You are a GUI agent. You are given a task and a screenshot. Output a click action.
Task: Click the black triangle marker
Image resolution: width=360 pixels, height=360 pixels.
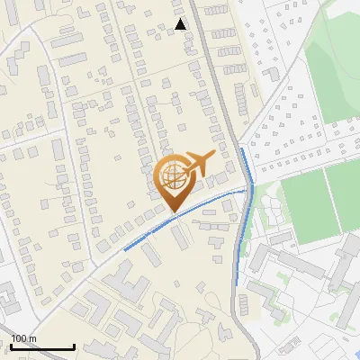[181, 24]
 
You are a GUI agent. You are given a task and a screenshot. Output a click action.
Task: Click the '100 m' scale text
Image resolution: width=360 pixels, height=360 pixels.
[23, 338]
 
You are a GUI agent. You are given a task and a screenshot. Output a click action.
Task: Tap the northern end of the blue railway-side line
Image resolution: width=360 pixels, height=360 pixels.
[240, 148]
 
